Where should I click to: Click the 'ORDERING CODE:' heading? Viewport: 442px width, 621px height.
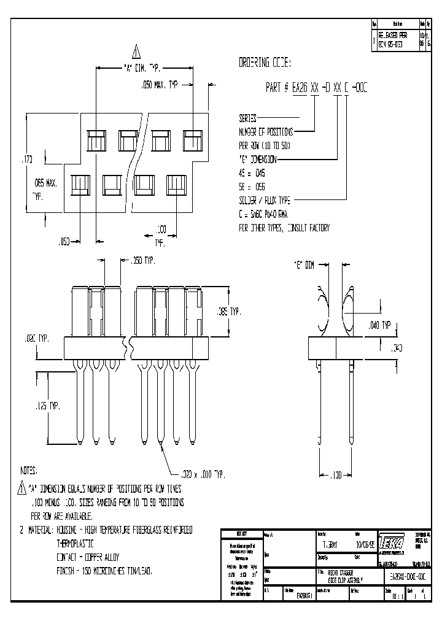point(264,63)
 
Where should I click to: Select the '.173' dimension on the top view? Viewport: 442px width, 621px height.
point(27,160)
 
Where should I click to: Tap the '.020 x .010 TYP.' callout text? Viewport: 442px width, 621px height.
point(203,474)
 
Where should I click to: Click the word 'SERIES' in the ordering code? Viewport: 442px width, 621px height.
point(247,118)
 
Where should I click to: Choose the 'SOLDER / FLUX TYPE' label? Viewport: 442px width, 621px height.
point(265,201)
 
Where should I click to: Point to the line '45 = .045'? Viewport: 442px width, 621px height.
point(252,173)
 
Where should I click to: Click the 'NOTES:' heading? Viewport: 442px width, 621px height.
point(29,471)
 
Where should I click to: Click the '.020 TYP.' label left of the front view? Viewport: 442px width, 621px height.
point(34,338)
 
